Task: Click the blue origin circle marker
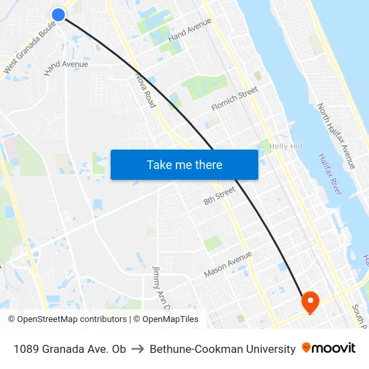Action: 58,14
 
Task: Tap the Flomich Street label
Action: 234,99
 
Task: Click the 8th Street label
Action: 219,196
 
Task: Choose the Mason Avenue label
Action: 227,264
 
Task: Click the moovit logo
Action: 329,348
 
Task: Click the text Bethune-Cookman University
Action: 222,349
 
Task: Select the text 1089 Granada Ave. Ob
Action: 69,349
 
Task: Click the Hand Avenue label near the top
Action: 190,30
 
